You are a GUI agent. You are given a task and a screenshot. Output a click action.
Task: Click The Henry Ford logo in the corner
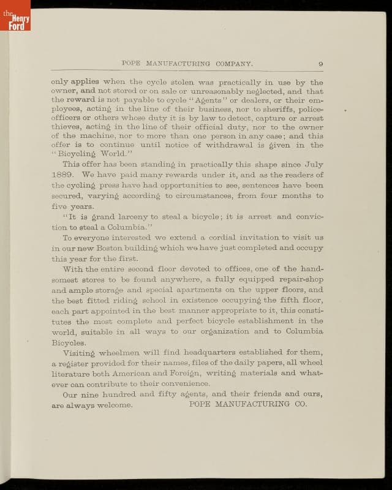(x=15, y=15)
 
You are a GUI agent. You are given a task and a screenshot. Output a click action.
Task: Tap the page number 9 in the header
(x=320, y=64)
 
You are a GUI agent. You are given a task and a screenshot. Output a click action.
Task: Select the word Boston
(x=110, y=248)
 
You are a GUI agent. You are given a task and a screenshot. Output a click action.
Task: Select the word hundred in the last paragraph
(x=123, y=394)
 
